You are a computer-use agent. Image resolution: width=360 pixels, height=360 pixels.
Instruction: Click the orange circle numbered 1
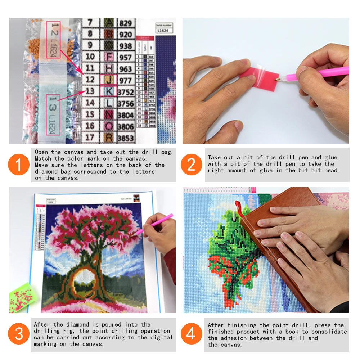pos(18,165)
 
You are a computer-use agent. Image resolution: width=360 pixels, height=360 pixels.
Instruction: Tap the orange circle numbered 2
pos(192,165)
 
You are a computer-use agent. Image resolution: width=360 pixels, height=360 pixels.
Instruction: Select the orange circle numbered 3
pos(18,334)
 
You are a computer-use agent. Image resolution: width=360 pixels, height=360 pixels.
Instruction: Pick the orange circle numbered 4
pos(192,334)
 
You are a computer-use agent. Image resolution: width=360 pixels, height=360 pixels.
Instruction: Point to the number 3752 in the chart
pos(126,92)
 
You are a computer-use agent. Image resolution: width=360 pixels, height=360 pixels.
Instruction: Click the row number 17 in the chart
pos(90,137)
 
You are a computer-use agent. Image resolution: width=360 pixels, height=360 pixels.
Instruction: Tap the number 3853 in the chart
pos(126,138)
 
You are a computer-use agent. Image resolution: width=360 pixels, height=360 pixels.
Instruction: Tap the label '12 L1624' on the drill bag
pos(53,40)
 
